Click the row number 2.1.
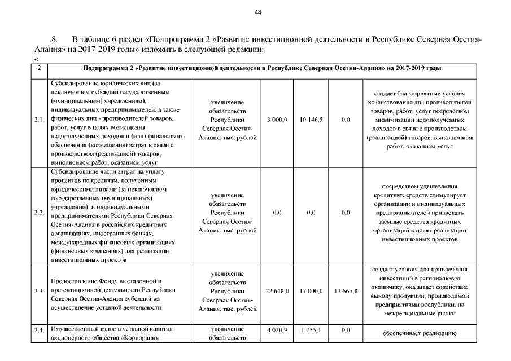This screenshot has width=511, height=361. point(39,120)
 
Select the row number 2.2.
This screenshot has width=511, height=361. point(39,213)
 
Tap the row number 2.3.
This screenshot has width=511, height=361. point(39,291)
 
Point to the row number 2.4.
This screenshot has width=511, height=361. point(39,330)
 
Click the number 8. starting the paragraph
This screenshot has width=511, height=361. point(55,40)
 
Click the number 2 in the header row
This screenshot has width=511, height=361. point(38,68)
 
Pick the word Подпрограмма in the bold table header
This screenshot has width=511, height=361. point(106,68)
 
